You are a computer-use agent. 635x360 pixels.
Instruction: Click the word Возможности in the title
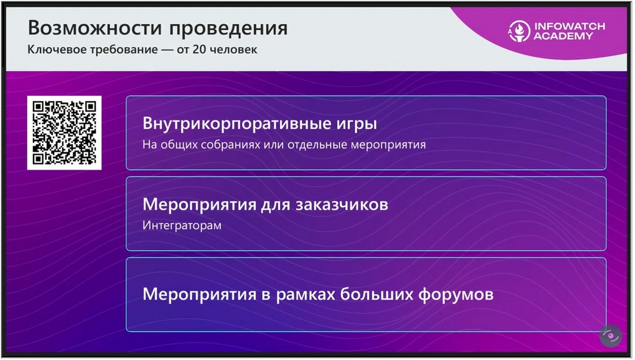click(95, 28)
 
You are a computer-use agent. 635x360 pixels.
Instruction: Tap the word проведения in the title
click(229, 29)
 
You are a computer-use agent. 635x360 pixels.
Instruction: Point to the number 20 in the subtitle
click(199, 50)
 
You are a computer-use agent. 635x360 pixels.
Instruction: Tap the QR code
click(64, 133)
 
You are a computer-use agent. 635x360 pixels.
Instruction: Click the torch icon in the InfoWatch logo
click(519, 31)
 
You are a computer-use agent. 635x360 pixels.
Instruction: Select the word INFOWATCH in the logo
click(570, 26)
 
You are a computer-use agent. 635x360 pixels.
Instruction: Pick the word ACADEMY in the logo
click(563, 36)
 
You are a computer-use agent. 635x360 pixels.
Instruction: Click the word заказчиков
click(342, 204)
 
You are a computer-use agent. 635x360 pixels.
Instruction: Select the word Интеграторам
click(182, 225)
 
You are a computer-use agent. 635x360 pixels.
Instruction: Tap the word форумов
click(455, 295)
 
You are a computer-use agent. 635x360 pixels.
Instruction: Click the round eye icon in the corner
click(611, 336)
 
